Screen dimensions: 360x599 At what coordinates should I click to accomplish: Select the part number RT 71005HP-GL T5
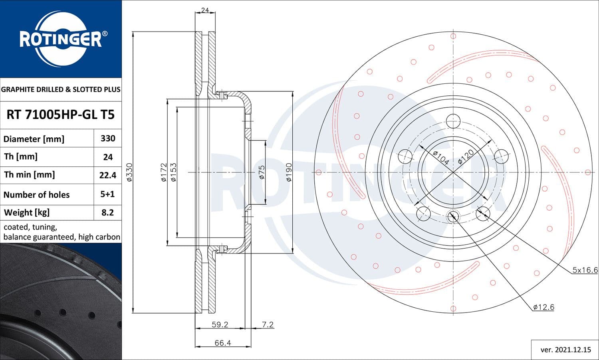[60, 115]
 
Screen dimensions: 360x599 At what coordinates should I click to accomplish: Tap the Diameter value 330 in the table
[108, 138]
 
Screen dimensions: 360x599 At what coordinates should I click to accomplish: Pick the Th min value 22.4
[108, 175]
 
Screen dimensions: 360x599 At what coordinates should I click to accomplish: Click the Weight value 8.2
[108, 212]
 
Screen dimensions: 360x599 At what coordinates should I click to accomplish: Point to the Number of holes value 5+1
[108, 194]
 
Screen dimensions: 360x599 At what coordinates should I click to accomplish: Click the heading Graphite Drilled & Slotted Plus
[61, 89]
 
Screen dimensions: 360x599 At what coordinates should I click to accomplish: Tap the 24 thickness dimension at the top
[205, 10]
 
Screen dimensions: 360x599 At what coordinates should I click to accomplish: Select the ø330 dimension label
[129, 172]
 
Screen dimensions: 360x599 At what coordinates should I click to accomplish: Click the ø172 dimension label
[163, 172]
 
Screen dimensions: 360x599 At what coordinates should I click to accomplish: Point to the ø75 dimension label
[262, 172]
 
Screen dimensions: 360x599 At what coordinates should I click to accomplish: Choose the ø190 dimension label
[289, 172]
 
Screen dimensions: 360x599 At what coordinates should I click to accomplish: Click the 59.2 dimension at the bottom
[220, 324]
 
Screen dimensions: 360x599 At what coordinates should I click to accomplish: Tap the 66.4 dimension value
[222, 343]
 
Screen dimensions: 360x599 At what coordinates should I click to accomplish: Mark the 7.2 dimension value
[268, 324]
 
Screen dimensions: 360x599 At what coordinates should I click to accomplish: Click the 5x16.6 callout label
[585, 270]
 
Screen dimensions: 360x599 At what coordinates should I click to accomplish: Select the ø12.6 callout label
[543, 307]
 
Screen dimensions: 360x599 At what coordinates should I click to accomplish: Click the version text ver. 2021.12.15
[565, 350]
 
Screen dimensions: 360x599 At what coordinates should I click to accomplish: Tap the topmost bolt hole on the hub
[453, 121]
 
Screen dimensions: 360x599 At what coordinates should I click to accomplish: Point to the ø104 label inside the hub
[441, 158]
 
